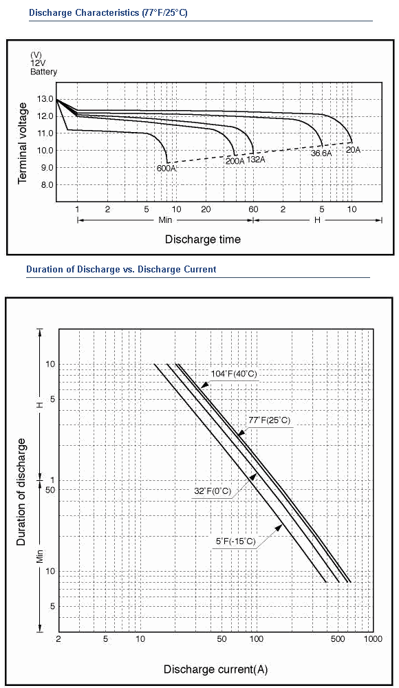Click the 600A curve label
(x=166, y=168)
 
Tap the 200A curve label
(x=235, y=161)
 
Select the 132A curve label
(x=256, y=160)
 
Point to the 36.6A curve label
(x=321, y=153)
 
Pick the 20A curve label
(x=354, y=149)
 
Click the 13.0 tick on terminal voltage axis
(x=45, y=99)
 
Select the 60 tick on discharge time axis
(x=253, y=209)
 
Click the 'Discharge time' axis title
(x=203, y=239)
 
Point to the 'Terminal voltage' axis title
(x=23, y=144)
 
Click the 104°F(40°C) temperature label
(x=234, y=374)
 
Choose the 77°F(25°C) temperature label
(x=270, y=420)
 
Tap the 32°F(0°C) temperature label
(x=213, y=491)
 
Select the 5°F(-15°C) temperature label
(x=236, y=541)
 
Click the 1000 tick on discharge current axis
(x=373, y=639)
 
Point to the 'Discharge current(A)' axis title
(x=215, y=669)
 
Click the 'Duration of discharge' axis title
(x=21, y=491)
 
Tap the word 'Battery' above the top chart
(x=43, y=72)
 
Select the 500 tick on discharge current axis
(x=338, y=639)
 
